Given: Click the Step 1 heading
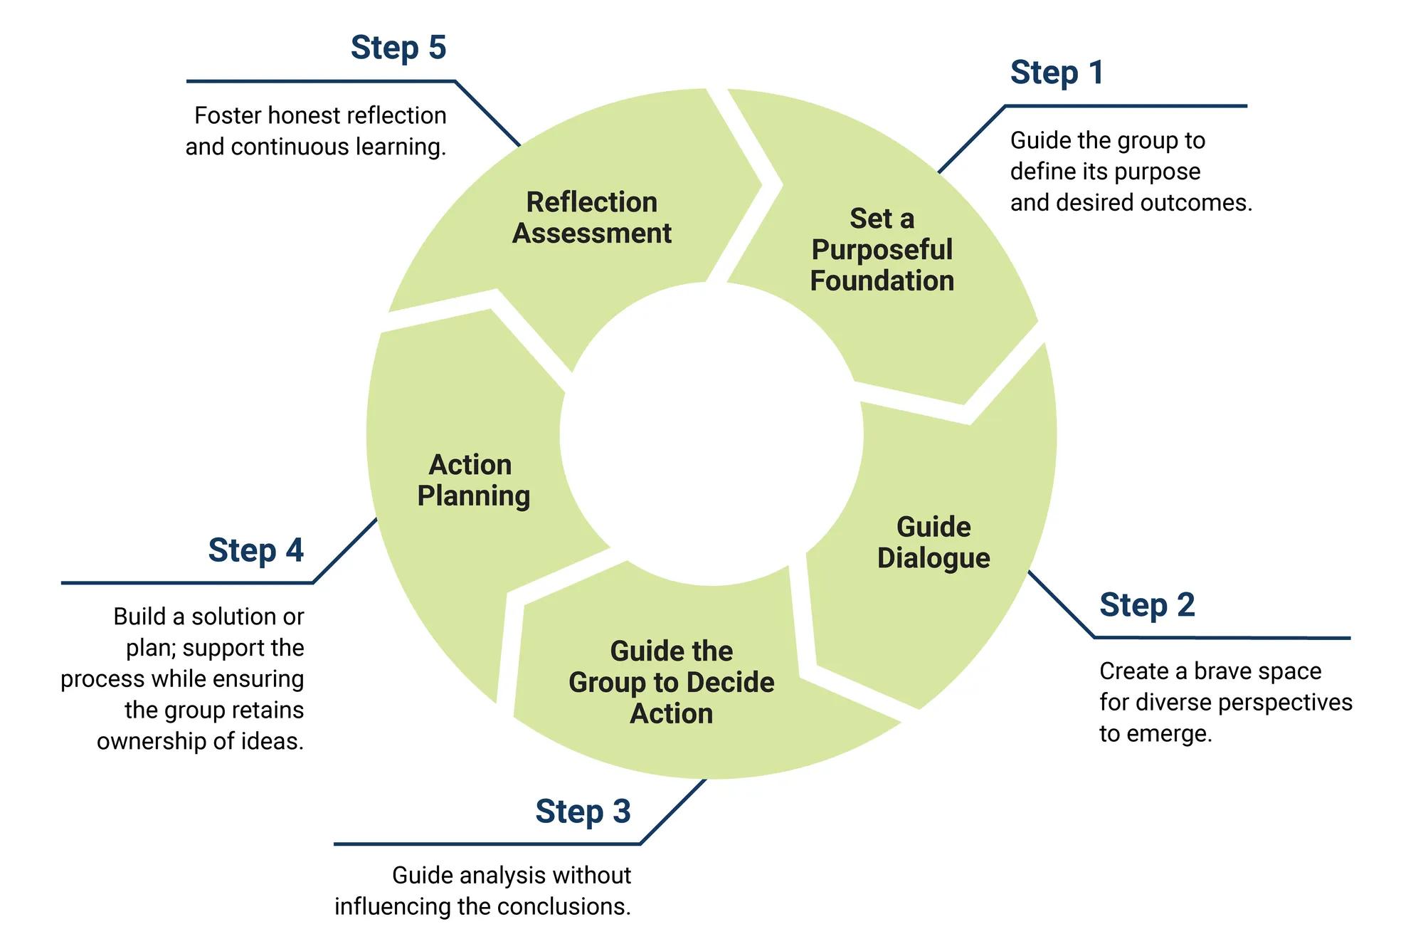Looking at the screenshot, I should pos(1057,73).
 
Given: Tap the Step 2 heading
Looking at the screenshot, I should pos(1146,605).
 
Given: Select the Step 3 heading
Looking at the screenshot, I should pos(583,812).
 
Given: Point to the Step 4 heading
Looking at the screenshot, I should pos(255,550).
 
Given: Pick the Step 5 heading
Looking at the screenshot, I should pos(398,48).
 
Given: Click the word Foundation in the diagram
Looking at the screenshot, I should pos(882,280).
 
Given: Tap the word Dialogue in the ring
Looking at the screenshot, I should pos(933,558).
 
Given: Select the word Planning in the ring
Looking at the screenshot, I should pos(473,496).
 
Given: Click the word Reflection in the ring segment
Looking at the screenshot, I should pos(591,202).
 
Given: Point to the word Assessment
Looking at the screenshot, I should pos(591,234).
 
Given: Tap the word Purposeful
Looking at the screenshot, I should pos(882,250).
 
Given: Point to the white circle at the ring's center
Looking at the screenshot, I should pos(711,434).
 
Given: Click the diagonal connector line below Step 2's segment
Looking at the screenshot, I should pos(1060,604).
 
